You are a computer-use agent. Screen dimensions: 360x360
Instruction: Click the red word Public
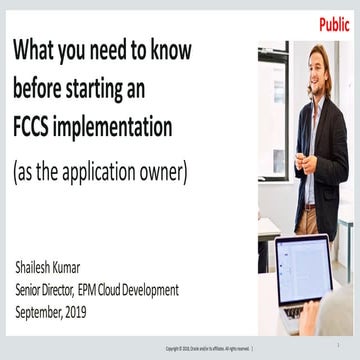click(334, 25)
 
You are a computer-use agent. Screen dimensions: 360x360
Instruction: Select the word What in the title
click(39, 51)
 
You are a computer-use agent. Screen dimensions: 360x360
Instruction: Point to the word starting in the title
click(99, 90)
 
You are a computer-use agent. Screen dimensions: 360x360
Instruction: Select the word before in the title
click(39, 89)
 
